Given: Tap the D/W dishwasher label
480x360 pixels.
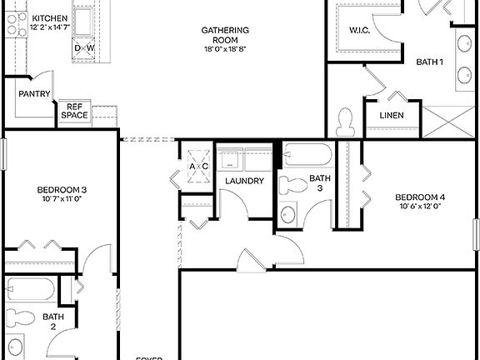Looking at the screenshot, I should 84,48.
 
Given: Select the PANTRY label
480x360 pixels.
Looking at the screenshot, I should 34,94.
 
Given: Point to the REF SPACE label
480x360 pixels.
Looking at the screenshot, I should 73,111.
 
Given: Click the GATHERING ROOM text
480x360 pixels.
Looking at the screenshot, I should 225,36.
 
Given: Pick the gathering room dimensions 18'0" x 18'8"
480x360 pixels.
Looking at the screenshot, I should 225,49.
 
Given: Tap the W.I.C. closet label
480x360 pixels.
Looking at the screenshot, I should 360,32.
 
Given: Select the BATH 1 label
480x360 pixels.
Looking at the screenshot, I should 429,62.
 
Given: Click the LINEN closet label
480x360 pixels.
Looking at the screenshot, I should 392,115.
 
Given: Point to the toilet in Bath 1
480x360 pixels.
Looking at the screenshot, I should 346,122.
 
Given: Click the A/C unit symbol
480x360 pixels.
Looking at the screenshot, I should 198,165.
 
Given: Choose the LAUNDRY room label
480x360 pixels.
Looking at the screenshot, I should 244,181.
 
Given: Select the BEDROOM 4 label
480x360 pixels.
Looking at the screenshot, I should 419,197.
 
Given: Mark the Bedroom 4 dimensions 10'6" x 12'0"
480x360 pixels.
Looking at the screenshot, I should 419,207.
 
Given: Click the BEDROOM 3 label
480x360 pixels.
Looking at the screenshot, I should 62,190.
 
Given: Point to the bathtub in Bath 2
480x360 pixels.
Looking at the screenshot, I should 30,291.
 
